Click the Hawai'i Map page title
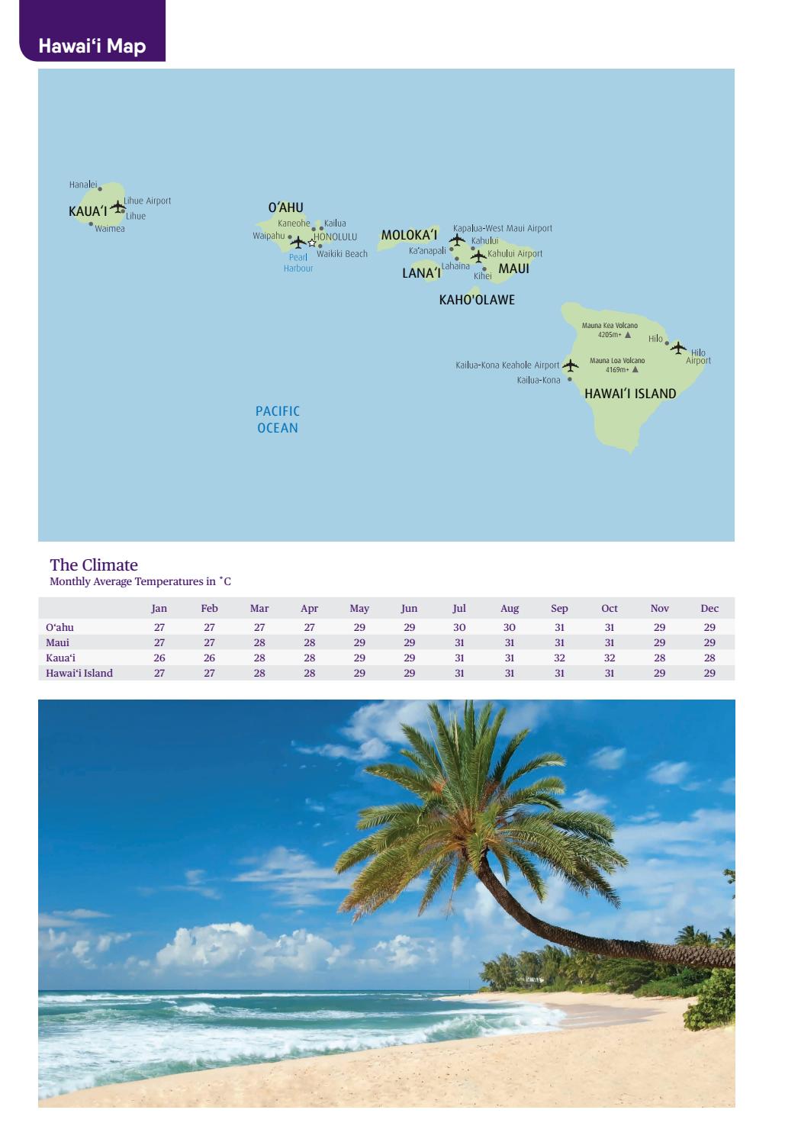coord(92,46)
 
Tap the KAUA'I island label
coord(88,211)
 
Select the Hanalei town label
coord(82,185)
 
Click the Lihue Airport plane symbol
coord(117,206)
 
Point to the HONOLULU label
coord(336,237)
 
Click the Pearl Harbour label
coord(298,262)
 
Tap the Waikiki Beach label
coord(342,254)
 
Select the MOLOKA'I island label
coord(409,235)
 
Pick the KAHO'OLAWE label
coord(477,300)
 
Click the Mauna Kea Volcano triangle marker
coord(628,335)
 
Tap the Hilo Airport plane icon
coord(678,348)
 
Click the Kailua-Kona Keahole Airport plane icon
coord(570,365)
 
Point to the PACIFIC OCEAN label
coord(278,420)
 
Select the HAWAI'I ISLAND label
coord(630,394)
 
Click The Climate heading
coord(94,565)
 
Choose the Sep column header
coord(559,608)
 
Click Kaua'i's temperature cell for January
coord(159,658)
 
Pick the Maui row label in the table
coord(58,642)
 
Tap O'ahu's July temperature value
coord(459,627)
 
